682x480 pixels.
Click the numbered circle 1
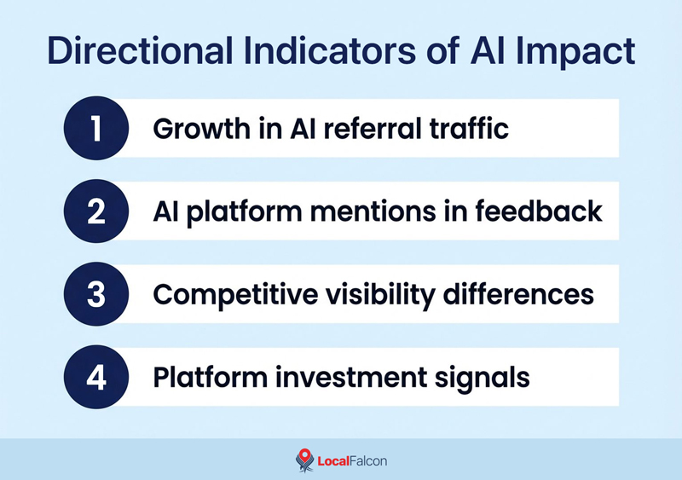tap(95, 128)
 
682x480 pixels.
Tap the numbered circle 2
tap(95, 211)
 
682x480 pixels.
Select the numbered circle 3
tap(95, 293)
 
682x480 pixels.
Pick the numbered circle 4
tap(95, 376)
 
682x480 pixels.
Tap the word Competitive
tap(226, 294)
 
